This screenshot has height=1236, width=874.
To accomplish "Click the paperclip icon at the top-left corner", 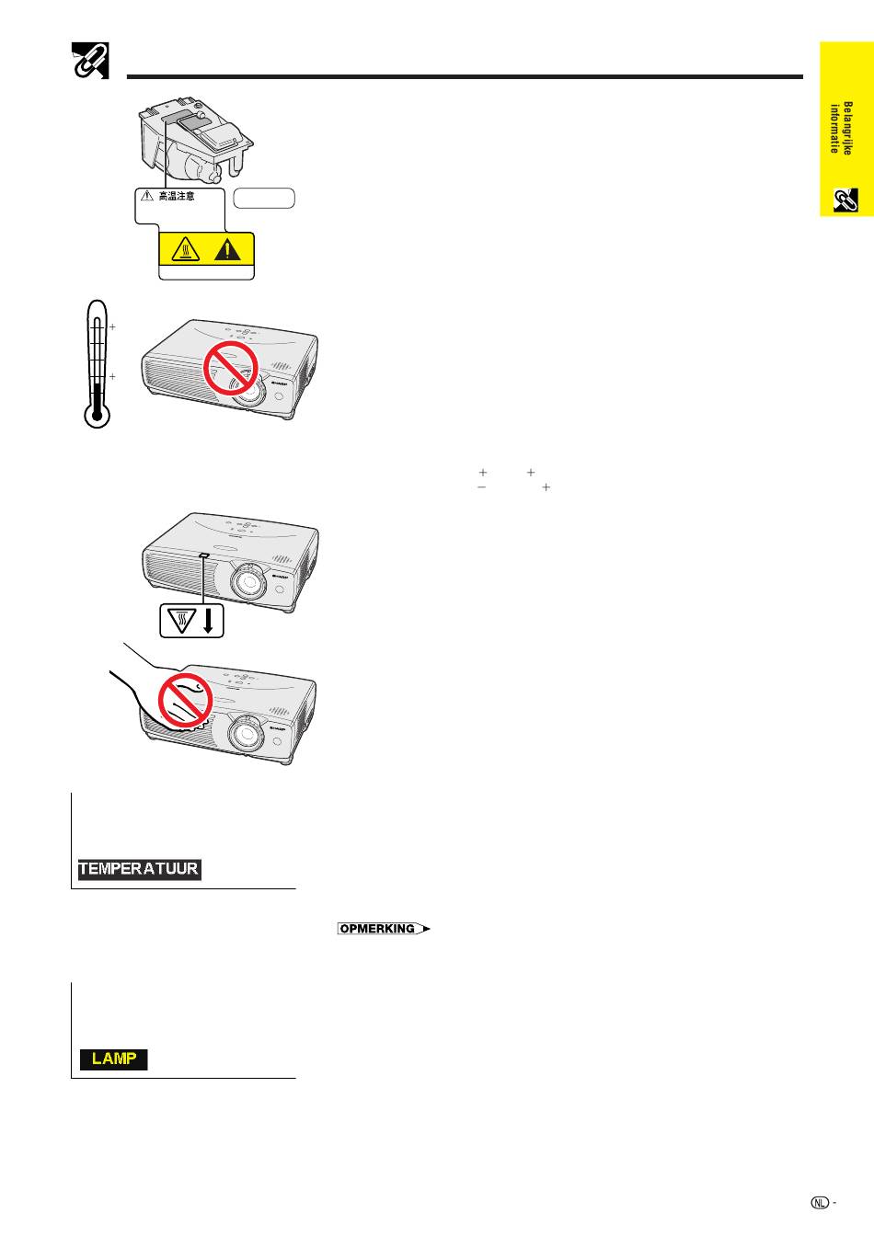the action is (x=90, y=61).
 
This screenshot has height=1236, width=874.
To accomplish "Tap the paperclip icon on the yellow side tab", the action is (x=845, y=200).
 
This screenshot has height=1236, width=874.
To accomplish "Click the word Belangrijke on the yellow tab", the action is (x=847, y=128).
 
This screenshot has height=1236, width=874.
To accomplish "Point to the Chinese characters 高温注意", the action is (x=176, y=196).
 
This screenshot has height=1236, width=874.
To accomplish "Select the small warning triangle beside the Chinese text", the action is (x=147, y=195).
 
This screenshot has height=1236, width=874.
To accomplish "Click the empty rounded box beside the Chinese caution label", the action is (x=264, y=198).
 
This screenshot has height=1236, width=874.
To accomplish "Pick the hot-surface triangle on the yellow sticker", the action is (x=185, y=250).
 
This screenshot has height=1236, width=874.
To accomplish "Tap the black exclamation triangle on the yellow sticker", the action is (x=227, y=249).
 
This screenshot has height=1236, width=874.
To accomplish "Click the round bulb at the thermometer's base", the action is (x=98, y=415).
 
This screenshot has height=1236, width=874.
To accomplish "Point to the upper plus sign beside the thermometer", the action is (x=112, y=327).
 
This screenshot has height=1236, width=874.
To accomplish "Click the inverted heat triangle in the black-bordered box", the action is (x=181, y=622).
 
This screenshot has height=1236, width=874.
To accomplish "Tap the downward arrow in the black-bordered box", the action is (x=208, y=621).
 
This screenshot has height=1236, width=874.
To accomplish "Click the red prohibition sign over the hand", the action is (x=186, y=699).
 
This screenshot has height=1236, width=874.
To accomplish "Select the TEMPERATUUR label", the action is (x=139, y=869).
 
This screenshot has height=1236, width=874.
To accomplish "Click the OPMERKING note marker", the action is (x=384, y=929).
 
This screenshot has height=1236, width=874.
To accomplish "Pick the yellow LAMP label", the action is (x=114, y=1059).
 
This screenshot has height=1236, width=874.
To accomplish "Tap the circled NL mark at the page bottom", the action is (x=820, y=1202).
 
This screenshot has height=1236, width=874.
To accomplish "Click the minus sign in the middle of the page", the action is (x=481, y=487).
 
